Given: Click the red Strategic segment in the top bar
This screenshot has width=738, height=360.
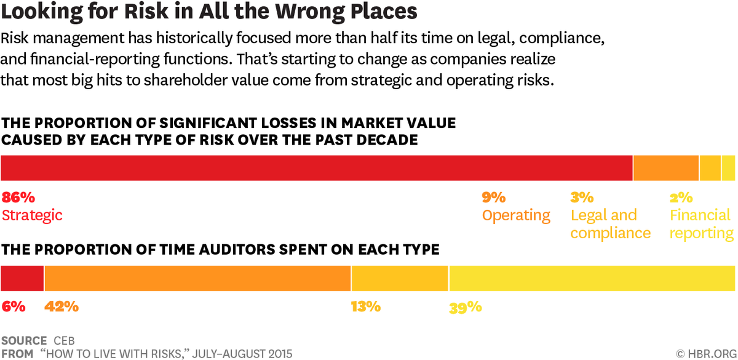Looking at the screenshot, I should coord(317,167).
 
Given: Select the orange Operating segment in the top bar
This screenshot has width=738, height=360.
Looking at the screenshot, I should coord(666,167).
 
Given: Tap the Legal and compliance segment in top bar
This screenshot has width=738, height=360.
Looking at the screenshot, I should coord(710,167).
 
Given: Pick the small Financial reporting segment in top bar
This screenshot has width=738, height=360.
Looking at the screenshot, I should coord(728,167).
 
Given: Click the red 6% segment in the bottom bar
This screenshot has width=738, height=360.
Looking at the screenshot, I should coord(22,278).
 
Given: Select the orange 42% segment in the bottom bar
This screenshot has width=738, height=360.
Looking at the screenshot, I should coord(197,278).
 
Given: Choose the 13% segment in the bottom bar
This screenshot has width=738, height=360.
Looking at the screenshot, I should coord(400,278).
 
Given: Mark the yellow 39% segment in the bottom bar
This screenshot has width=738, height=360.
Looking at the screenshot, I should coord(592,278).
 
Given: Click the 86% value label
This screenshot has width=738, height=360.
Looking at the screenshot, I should coord(18,198).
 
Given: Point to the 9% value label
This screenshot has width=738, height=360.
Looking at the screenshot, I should coord(494,198).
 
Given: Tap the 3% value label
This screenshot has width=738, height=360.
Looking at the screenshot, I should coord(582,198).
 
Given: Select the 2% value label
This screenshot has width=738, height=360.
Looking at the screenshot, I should coord(681,198).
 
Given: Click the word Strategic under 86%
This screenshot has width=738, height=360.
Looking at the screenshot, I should coord(32,215).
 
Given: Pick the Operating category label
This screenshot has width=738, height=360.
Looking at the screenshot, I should coord(516,215).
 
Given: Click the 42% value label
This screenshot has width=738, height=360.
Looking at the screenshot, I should coord(61,306).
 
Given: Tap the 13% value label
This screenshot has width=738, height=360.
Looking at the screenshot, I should coord(366,306).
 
